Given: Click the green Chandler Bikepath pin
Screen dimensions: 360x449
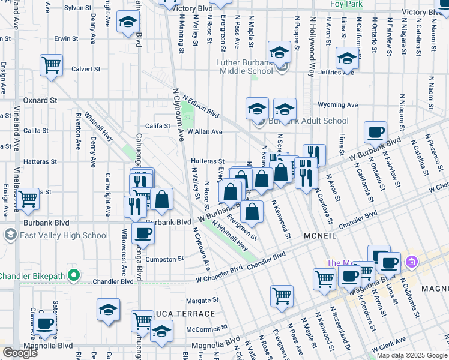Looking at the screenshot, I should pos(74,276).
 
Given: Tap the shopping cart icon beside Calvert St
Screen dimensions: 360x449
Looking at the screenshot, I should pos(52,65).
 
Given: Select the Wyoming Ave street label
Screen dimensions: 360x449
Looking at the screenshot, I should pos(337,104).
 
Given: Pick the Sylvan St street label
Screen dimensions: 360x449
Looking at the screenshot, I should pos(77,8).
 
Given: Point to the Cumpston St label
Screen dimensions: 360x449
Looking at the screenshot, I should pos(167,259).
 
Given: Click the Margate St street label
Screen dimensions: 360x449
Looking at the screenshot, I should pos(200,301).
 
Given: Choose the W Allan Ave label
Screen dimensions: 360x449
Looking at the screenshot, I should pos(205,131).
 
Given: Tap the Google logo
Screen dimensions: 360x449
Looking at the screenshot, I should pos(20,353).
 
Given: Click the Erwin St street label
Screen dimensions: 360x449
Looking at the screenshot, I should pos(63,38).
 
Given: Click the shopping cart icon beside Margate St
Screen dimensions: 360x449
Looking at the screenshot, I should pos(282,296).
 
